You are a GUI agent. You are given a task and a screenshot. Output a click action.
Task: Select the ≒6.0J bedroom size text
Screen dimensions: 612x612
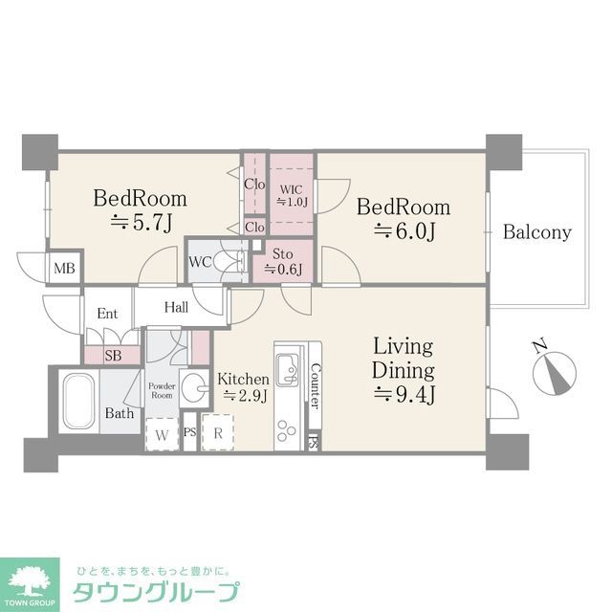(403, 231)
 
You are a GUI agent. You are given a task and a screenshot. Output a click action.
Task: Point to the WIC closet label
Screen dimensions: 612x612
(291, 194)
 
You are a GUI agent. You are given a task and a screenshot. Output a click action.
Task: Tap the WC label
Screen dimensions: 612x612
(201, 261)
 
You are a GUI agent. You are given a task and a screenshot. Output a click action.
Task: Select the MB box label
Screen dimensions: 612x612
(65, 267)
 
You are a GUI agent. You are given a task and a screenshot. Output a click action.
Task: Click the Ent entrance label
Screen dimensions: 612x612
(106, 312)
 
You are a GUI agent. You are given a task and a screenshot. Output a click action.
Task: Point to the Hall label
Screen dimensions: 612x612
(176, 307)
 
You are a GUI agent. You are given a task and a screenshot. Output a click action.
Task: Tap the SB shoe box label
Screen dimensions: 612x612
(114, 355)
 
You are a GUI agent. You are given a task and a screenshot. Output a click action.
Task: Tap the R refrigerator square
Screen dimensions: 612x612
(218, 431)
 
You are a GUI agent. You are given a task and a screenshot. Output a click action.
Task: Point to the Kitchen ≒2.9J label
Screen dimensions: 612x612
(243, 386)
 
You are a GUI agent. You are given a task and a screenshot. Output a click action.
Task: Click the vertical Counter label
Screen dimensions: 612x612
(314, 386)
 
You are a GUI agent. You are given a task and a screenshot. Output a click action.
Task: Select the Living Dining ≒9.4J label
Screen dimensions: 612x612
(403, 369)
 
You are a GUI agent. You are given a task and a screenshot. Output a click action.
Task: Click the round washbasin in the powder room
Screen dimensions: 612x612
(194, 386)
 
